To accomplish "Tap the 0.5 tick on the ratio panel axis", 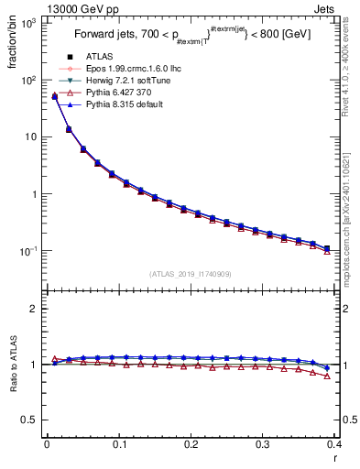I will coord(28,420).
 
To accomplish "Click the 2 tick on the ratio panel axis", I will coord(33,309).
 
